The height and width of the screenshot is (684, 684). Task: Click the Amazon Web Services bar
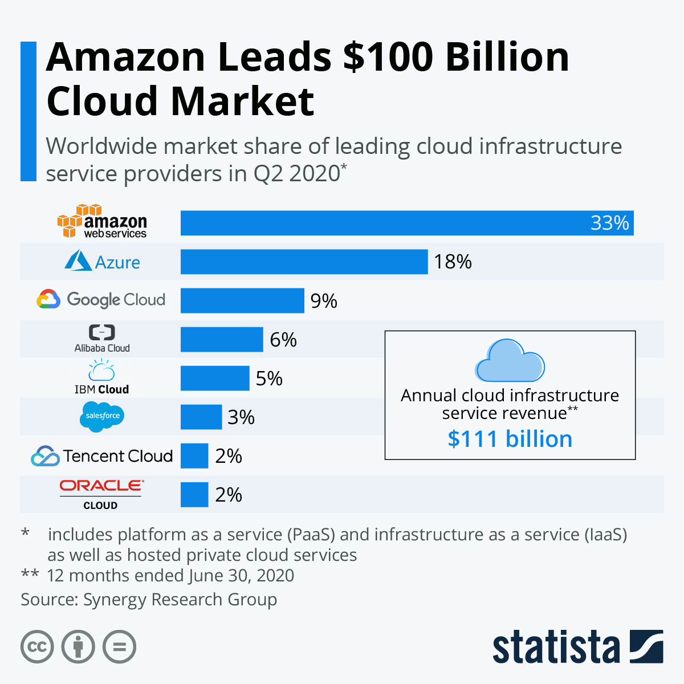click(407, 223)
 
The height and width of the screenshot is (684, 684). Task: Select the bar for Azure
click(304, 262)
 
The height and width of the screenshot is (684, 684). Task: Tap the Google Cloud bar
click(242, 300)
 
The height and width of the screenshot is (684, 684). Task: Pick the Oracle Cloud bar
click(194, 494)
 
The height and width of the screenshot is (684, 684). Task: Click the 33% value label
click(609, 223)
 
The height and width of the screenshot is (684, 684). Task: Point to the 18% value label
click(453, 262)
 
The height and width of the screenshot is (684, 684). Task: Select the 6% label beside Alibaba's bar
click(283, 340)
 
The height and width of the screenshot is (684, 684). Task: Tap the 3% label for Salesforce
click(241, 417)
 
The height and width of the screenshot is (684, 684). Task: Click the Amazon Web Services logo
click(102, 222)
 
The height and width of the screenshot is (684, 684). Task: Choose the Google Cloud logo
click(101, 299)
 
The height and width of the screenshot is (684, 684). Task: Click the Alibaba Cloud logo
click(102, 339)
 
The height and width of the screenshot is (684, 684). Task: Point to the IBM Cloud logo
click(101, 377)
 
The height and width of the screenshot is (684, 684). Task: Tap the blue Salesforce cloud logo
click(102, 416)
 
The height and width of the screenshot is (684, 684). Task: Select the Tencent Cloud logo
click(102, 456)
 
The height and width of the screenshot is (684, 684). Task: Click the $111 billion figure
click(510, 439)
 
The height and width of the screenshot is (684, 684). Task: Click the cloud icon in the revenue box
click(510, 361)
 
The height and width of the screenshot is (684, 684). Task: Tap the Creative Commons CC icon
click(37, 647)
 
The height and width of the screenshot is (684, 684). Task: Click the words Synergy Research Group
click(180, 600)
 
